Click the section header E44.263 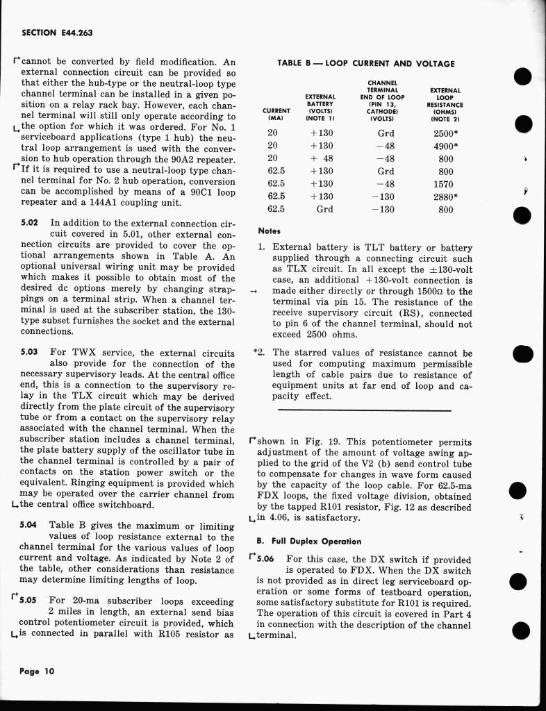point(58,33)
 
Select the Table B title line point(365,63)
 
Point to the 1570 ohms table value point(442,184)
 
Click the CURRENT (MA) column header point(276,114)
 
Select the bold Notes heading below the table point(269,231)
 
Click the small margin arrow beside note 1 point(254,292)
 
